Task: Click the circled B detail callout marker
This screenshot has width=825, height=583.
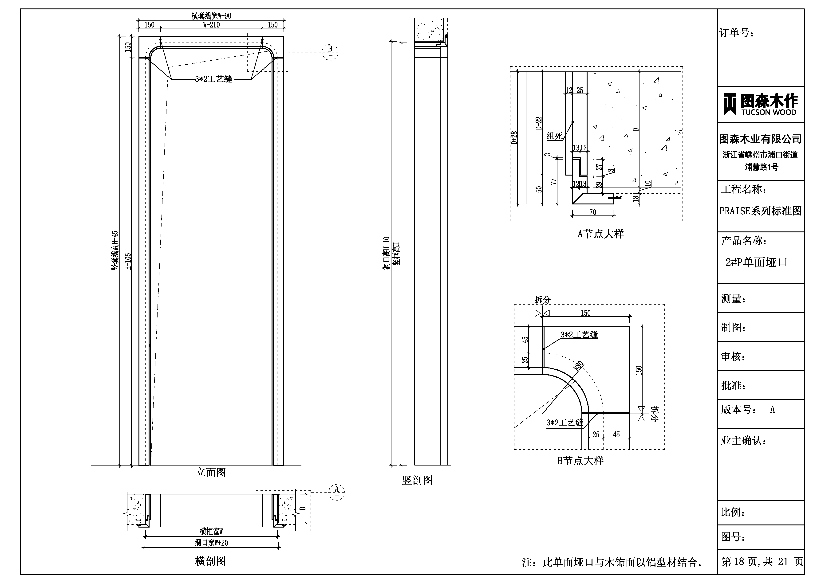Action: (x=330, y=52)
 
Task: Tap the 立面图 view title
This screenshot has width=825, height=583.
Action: (x=211, y=472)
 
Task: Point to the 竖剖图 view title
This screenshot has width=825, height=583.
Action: (x=417, y=480)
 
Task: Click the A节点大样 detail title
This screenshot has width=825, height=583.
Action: (x=600, y=234)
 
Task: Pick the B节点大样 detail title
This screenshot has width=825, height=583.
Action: (x=580, y=461)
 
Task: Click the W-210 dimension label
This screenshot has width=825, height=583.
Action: (x=211, y=25)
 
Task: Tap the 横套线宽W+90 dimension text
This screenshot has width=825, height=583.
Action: (x=211, y=16)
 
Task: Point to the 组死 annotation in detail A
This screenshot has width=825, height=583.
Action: (x=554, y=136)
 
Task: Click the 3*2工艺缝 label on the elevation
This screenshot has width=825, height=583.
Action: (x=213, y=79)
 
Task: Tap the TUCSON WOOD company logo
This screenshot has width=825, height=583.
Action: (x=761, y=104)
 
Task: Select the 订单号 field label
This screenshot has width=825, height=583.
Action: (x=736, y=33)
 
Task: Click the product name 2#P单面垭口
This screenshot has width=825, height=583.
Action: (x=756, y=262)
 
